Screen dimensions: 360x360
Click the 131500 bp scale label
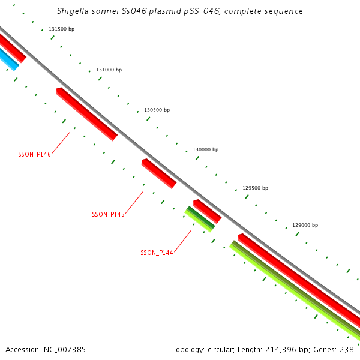[x=61, y=29]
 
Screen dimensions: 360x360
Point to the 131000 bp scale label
[x=109, y=70]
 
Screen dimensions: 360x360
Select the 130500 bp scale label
[x=157, y=110]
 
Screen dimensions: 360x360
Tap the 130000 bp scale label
[x=205, y=149]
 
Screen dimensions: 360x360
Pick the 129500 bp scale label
[x=255, y=188]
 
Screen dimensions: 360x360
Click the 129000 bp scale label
[x=305, y=225]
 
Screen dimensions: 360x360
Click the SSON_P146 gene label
[x=34, y=154]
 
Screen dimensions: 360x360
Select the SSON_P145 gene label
[x=108, y=214]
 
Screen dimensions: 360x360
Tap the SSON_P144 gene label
[x=157, y=253]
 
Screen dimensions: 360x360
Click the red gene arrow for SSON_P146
[x=87, y=114]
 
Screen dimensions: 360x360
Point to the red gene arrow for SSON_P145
[x=159, y=173]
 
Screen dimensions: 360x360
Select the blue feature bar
[x=8, y=59]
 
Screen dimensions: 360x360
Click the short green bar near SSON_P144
[x=200, y=219]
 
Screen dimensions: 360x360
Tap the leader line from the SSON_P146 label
[x=61, y=142]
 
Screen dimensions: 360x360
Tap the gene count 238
[x=346, y=349]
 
